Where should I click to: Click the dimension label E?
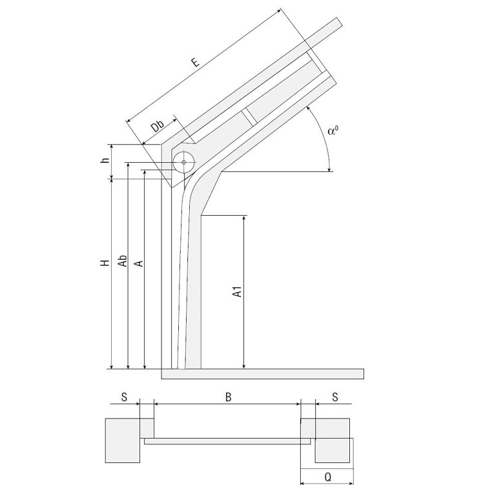[196, 61]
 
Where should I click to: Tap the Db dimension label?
[158, 126]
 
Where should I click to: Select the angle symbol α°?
[333, 130]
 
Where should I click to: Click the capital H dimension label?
[105, 263]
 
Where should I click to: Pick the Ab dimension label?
[123, 261]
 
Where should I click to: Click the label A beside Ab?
[139, 263]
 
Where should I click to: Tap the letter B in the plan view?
[229, 397]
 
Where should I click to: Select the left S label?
[124, 397]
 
